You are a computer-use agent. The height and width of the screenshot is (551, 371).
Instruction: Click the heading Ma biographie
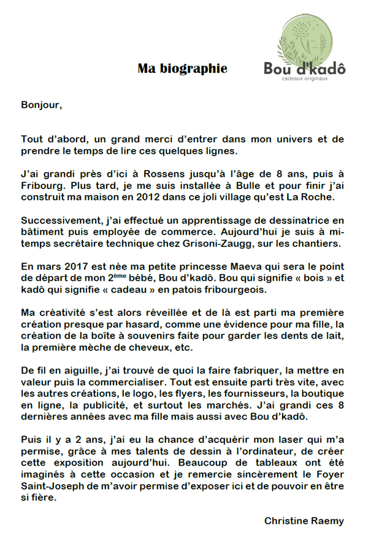tap(182, 69)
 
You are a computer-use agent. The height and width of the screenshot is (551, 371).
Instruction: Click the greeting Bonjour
tap(41, 104)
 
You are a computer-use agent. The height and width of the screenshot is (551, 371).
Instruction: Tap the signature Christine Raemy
tap(304, 520)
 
